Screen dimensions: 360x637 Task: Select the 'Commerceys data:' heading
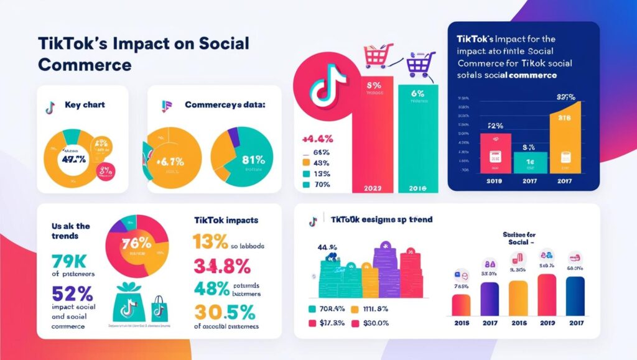[225, 105]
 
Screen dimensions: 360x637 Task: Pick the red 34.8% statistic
[221, 266]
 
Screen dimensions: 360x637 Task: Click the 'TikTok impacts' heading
[222, 220]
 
